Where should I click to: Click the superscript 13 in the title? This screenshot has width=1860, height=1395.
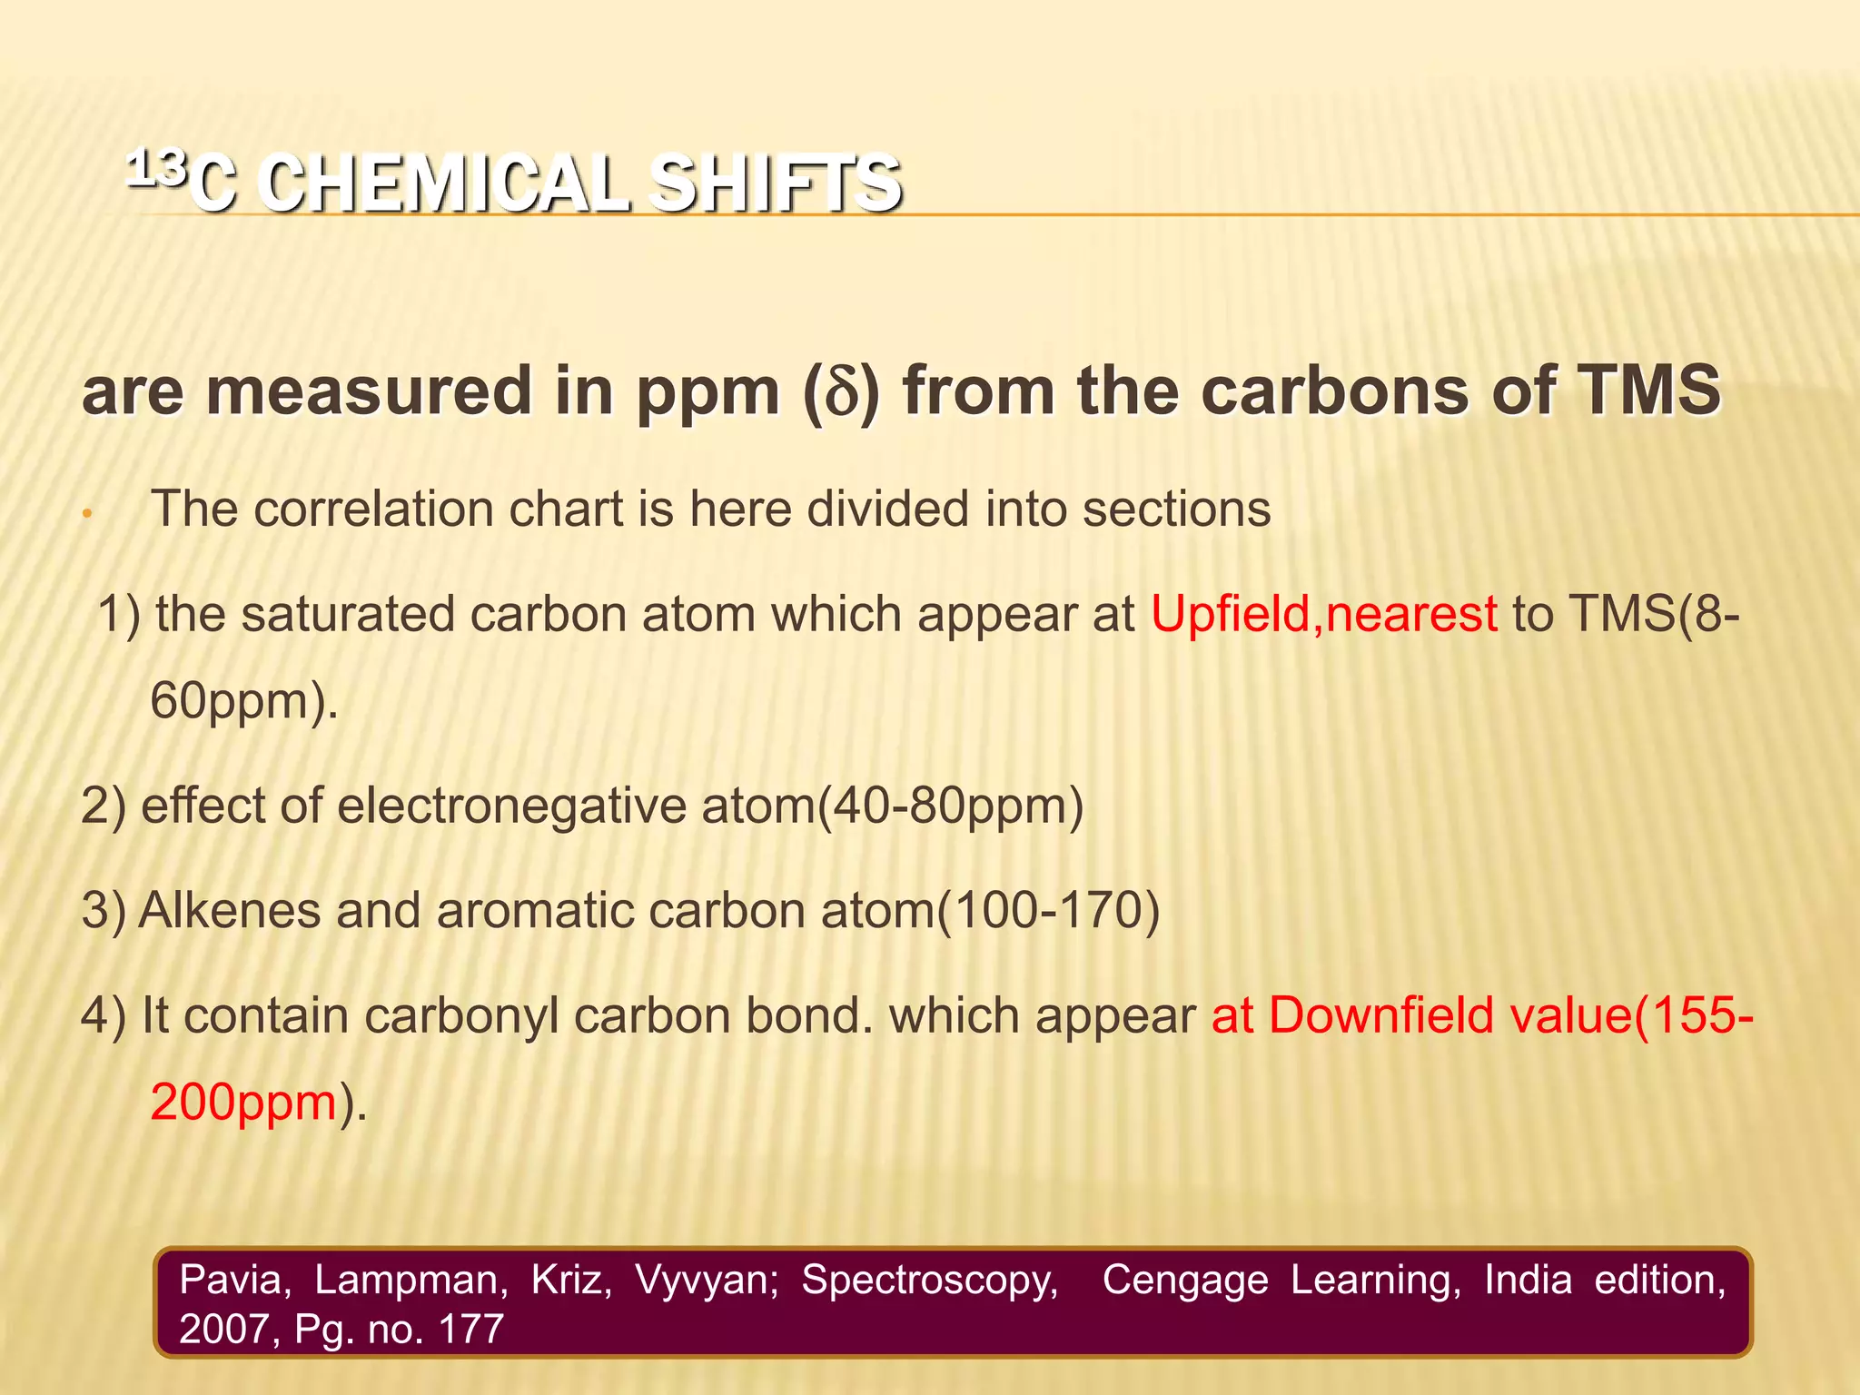pos(156,169)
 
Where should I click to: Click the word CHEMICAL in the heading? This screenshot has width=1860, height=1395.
pos(442,184)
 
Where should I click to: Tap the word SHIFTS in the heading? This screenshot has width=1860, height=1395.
pos(774,184)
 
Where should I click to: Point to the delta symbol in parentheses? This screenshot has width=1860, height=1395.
pos(842,393)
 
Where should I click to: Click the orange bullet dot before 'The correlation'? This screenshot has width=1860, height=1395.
pos(86,514)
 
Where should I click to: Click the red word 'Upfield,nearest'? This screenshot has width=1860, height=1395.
pos(1323,614)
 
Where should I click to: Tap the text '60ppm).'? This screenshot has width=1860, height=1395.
pos(243,701)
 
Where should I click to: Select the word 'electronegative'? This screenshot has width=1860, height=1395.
pos(511,806)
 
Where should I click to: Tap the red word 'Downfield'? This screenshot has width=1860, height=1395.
pos(1380,1015)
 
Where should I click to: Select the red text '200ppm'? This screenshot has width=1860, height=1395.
pos(243,1103)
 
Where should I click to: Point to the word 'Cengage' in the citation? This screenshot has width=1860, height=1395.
pos(1184,1280)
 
